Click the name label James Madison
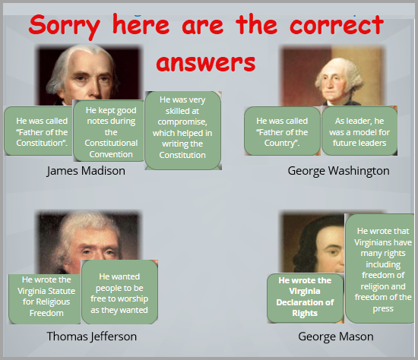(x=86, y=171)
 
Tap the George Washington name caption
(x=338, y=171)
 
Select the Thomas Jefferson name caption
(x=92, y=336)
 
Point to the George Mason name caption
(x=336, y=336)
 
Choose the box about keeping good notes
(x=109, y=131)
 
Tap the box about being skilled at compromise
(x=183, y=131)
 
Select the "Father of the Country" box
(x=282, y=131)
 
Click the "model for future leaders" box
(x=359, y=131)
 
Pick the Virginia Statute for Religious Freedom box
(x=45, y=299)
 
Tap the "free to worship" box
(x=119, y=292)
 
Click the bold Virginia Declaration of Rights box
(x=306, y=298)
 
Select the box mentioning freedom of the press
(x=380, y=269)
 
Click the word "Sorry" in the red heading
(x=65, y=26)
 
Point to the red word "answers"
(x=206, y=63)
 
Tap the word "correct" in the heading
(x=337, y=25)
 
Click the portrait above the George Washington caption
(x=333, y=77)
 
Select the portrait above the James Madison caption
(x=88, y=75)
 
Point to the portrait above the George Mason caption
(x=313, y=243)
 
